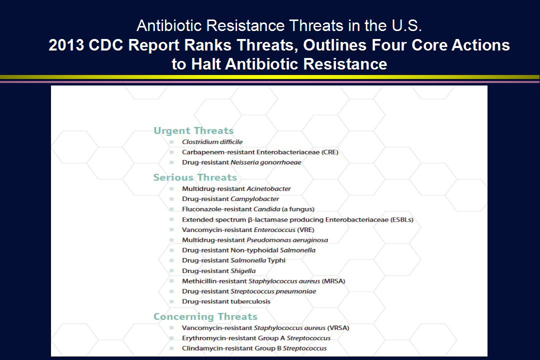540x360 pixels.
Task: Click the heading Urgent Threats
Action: tap(193, 130)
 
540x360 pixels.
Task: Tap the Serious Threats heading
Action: tap(195, 177)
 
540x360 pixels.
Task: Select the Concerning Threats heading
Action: tap(205, 316)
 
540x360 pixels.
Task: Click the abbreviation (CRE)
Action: tap(330, 152)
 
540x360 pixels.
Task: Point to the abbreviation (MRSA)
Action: tap(333, 281)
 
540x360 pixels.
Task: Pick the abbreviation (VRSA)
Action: tap(338, 328)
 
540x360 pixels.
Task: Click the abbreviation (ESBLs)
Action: tap(402, 220)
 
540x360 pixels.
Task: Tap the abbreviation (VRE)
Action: tap(306, 230)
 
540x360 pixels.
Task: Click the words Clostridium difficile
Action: tap(212, 142)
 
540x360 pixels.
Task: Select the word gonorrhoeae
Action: tap(280, 162)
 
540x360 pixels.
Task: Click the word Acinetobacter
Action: tap(268, 189)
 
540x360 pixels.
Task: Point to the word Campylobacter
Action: tap(255, 199)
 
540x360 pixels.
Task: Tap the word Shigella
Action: tap(243, 271)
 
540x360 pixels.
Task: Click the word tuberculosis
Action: tap(250, 301)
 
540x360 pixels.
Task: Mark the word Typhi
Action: tap(276, 260)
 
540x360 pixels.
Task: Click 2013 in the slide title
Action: tap(66, 45)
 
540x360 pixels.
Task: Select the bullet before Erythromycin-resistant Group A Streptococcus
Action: tap(171, 338)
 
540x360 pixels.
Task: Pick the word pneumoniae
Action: tap(296, 291)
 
